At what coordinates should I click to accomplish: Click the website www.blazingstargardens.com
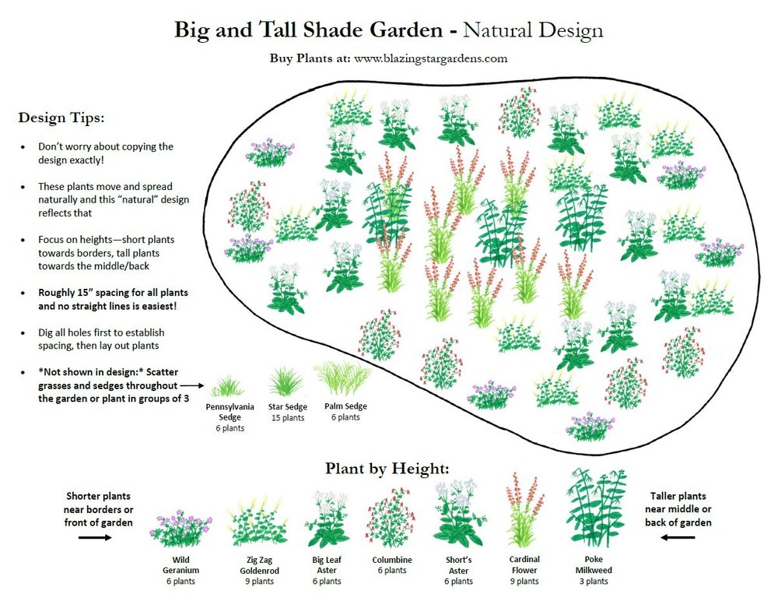click(x=430, y=58)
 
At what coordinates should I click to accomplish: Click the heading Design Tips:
click(x=61, y=118)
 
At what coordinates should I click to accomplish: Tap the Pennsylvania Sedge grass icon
click(x=227, y=385)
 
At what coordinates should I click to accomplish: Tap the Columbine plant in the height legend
click(x=391, y=518)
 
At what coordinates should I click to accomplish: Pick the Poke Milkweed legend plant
click(x=596, y=507)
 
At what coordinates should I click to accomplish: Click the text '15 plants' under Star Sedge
click(x=287, y=418)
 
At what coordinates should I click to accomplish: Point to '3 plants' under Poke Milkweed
click(x=597, y=582)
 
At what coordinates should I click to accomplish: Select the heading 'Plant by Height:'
click(x=387, y=469)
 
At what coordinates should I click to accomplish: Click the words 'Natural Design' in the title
click(x=532, y=30)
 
